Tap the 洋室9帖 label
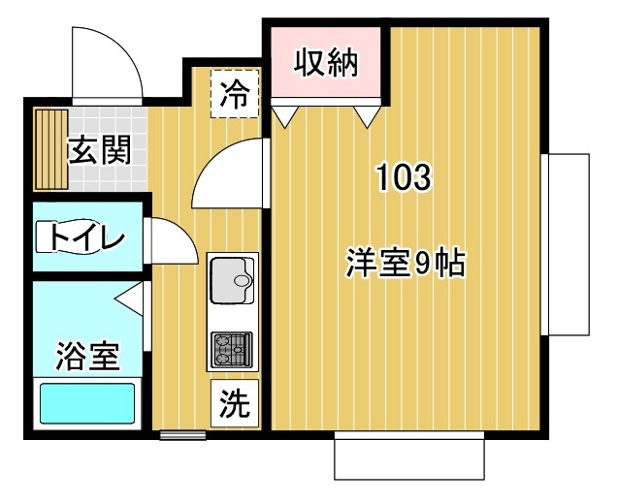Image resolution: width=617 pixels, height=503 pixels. tap(406, 263)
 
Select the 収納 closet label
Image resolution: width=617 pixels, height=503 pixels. tap(327, 63)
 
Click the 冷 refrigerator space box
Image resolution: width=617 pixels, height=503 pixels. tap(235, 93)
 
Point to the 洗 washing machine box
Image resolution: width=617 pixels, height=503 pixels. tap(233, 403)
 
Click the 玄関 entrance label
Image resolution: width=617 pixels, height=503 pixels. tap(100, 151)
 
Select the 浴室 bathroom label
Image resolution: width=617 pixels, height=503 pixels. tap(87, 356)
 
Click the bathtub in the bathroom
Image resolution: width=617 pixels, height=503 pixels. tap(85, 403)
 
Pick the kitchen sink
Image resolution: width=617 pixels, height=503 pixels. tap(232, 281)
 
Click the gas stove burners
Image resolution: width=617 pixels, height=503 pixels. tap(232, 350)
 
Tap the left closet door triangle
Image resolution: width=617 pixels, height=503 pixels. tap(285, 117)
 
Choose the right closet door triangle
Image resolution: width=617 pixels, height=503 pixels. tap(365, 117)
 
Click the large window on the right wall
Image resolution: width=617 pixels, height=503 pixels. tap(566, 243)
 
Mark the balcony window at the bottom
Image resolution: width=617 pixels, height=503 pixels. tap(408, 456)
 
